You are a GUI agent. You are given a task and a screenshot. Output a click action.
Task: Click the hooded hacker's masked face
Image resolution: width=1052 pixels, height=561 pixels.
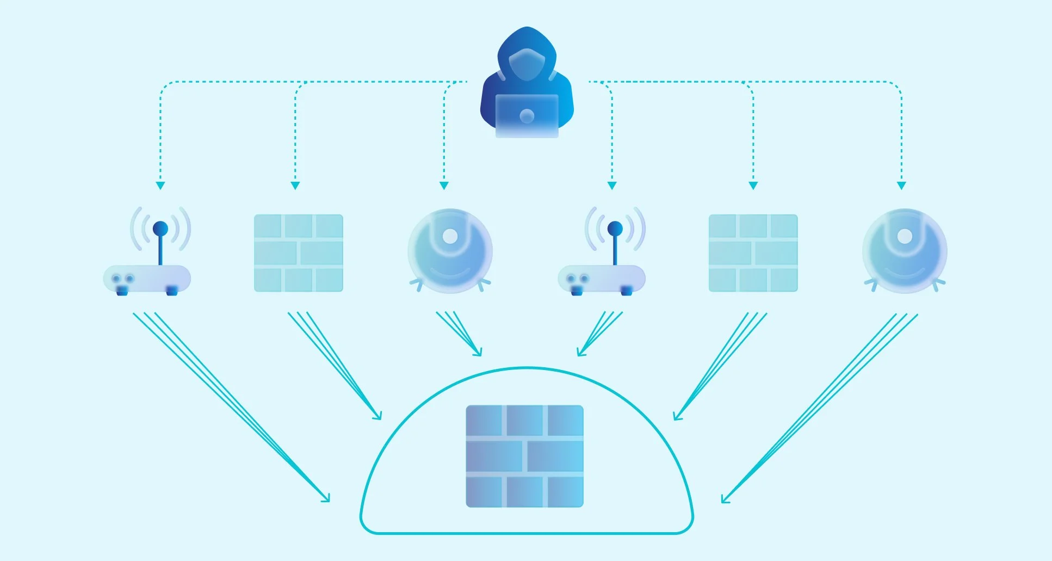tap(527, 64)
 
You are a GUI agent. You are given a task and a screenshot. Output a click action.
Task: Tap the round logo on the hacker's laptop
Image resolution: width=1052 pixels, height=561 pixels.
tap(527, 115)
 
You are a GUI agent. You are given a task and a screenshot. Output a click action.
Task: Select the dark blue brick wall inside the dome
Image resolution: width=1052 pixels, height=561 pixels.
tap(524, 456)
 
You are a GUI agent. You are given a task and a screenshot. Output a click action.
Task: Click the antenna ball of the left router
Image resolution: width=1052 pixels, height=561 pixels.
tap(160, 228)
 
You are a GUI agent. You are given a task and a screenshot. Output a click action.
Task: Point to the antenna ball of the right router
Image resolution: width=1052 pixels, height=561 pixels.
tap(615, 228)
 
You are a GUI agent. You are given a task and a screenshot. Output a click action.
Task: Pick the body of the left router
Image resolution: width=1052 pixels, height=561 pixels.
tap(147, 279)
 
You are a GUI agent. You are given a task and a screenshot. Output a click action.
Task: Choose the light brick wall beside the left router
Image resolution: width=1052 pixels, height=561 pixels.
tap(299, 253)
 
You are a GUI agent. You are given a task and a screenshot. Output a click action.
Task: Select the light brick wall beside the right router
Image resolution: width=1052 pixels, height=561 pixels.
tap(753, 253)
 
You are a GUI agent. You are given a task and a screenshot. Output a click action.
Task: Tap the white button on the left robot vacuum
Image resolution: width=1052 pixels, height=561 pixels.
tap(450, 236)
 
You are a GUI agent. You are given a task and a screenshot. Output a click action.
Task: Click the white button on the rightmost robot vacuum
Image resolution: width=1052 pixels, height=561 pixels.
tap(904, 236)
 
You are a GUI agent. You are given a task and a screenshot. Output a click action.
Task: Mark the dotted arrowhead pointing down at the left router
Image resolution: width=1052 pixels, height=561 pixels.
tap(160, 186)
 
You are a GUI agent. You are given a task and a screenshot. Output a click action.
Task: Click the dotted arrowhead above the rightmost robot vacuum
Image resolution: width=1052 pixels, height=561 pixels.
tap(901, 186)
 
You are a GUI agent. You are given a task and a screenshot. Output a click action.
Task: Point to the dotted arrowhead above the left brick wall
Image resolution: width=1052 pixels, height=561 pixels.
tap(295, 186)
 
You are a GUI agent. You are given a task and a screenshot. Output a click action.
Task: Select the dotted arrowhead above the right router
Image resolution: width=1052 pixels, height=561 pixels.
tap(612, 186)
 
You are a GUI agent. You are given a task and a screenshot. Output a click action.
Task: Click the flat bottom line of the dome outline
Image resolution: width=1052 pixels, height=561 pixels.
tap(527, 533)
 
